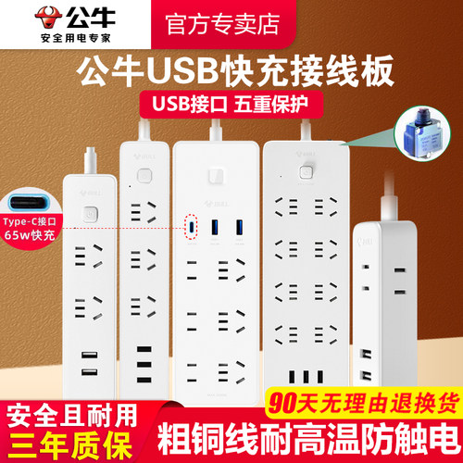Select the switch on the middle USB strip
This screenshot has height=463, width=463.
(x=219, y=175)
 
